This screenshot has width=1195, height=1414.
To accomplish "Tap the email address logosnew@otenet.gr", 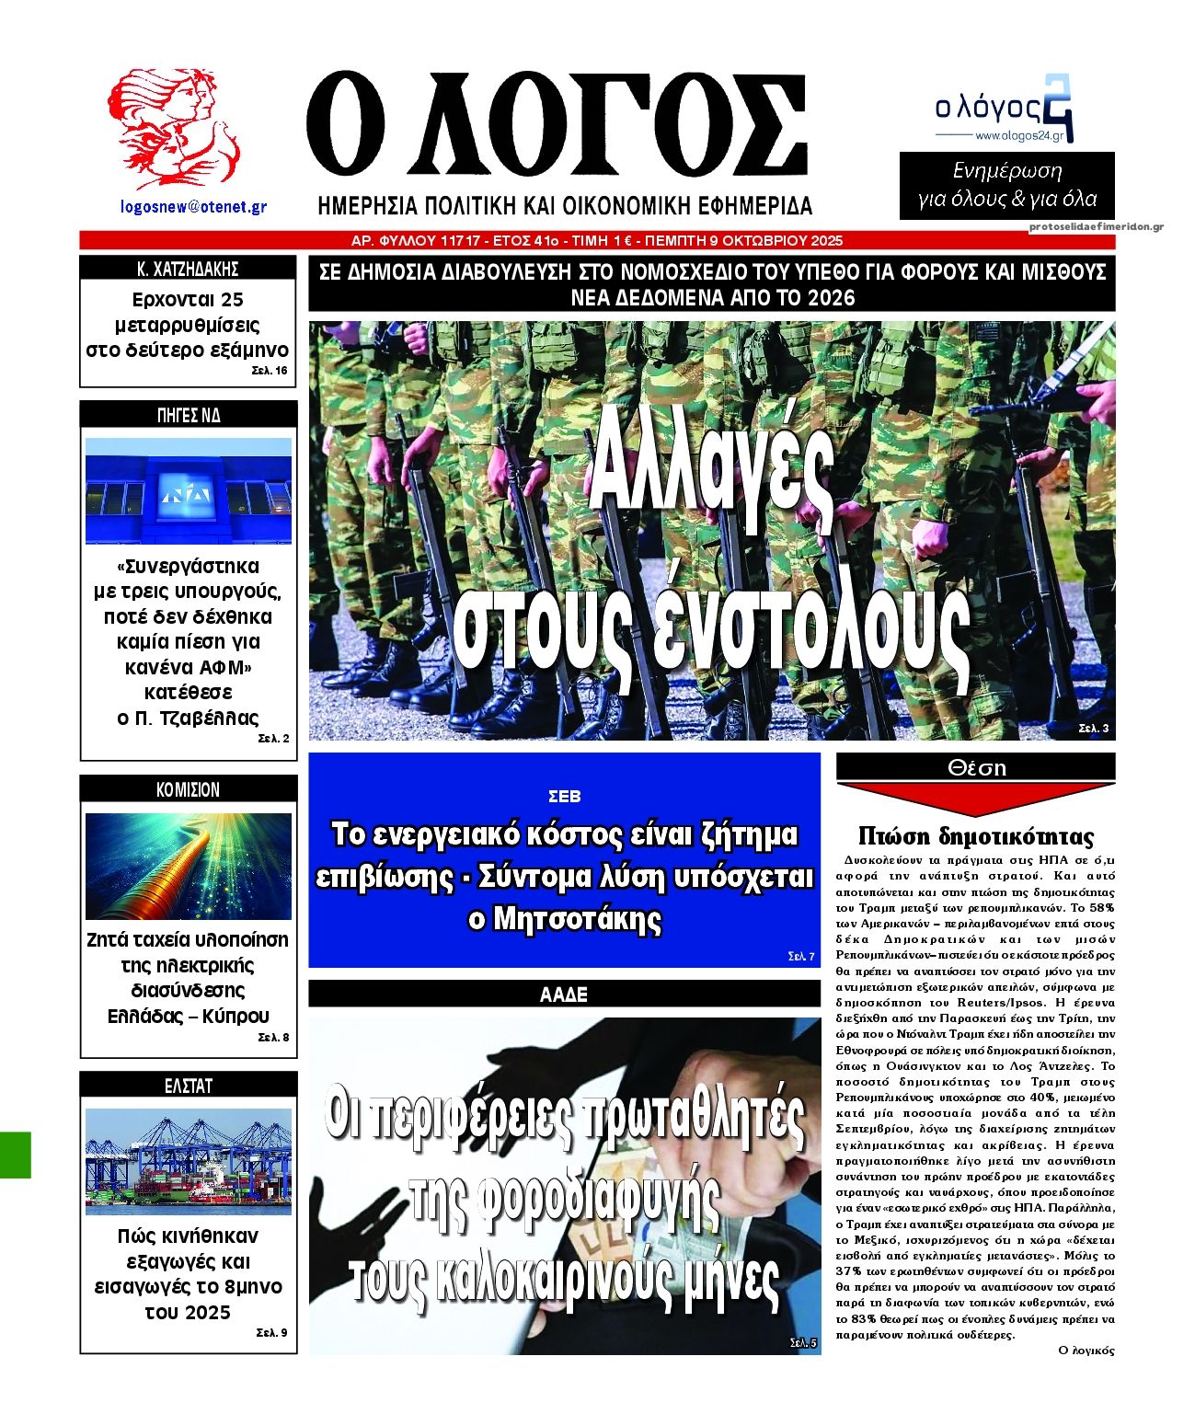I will (x=193, y=208).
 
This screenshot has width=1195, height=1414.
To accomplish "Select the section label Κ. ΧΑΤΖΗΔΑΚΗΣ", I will (x=188, y=269).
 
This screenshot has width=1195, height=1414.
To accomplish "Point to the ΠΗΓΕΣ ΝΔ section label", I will (x=188, y=415).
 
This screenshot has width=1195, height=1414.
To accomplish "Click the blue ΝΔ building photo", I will (x=188, y=490).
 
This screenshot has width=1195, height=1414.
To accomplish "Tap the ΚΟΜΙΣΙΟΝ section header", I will (x=188, y=789).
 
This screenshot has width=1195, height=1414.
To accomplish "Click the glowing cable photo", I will (x=188, y=866).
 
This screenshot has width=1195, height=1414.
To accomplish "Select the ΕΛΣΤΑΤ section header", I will (x=188, y=1086).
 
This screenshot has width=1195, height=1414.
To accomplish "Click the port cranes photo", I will (x=188, y=1161).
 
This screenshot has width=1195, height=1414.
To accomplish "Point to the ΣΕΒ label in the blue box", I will (x=564, y=797).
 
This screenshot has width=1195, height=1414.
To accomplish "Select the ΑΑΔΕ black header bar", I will (x=564, y=994).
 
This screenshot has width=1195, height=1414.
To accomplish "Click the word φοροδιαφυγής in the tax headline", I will (x=564, y=1198).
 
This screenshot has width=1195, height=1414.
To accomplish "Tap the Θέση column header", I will (x=976, y=767).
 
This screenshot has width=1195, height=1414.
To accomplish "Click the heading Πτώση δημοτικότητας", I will (x=976, y=836).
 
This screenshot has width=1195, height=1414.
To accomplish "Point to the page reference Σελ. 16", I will (x=269, y=371).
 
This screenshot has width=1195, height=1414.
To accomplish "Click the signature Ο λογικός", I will (x=1086, y=1351).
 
